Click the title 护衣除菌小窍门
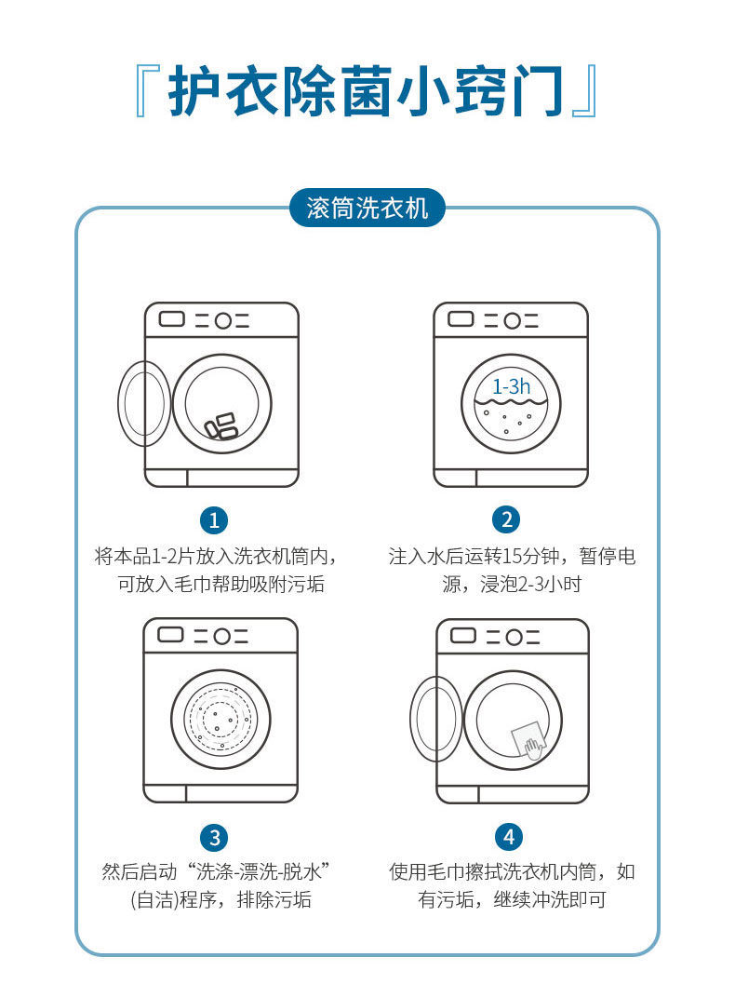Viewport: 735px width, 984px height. tap(367, 91)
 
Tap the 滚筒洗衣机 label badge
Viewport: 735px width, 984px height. tap(367, 208)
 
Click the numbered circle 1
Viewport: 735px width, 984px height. tap(215, 519)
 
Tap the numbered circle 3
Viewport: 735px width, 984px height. tap(215, 836)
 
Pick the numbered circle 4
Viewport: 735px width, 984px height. tap(508, 836)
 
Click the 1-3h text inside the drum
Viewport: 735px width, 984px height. tap(511, 385)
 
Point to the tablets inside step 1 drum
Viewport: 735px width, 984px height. tap(221, 426)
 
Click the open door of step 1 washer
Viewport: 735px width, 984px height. tap(143, 402)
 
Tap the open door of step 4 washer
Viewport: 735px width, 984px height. tap(435, 719)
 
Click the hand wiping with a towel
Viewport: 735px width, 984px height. tap(532, 746)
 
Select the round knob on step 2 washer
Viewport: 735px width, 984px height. tap(512, 320)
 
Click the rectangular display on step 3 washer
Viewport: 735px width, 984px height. tap(170, 635)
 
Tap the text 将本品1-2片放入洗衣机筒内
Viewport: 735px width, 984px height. tap(215, 557)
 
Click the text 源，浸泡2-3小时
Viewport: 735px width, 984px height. tap(512, 585)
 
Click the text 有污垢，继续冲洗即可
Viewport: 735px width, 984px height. tap(512, 900)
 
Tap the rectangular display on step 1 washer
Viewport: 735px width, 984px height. tap(172, 319)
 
